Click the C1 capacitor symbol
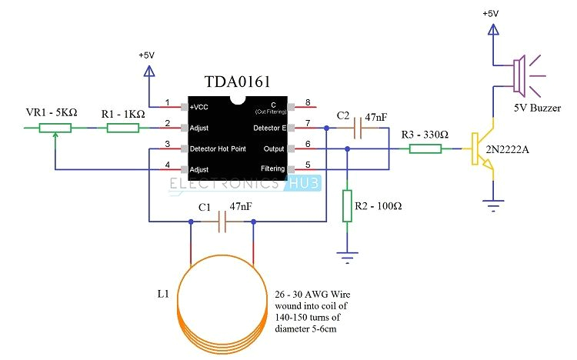pos(222,223)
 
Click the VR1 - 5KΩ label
pos(51,113)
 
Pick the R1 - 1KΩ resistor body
pos(122,128)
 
